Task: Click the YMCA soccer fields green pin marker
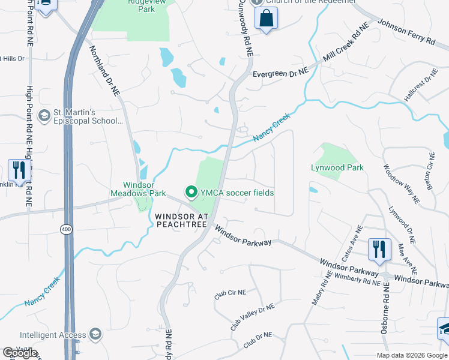pos(191,193)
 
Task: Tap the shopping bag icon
pos(266,19)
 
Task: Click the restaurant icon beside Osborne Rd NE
pos(379,249)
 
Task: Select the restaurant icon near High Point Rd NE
pos(19,170)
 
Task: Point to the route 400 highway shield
pos(65,229)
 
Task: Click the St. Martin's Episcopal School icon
pos(44,115)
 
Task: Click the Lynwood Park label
pos(337,168)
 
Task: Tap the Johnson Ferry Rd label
pos(406,33)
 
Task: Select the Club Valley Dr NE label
pos(252,317)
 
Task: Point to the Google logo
pos(20,352)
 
